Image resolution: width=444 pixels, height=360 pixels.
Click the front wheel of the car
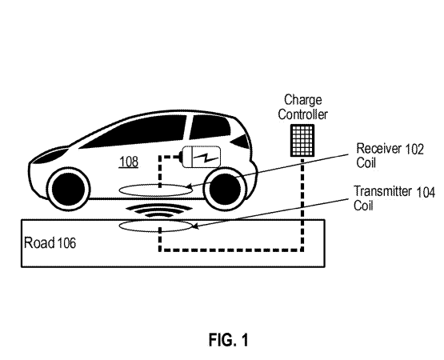(x=68, y=188)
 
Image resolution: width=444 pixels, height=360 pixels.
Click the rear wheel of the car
(x=226, y=188)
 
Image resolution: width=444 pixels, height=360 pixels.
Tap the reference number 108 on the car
(x=129, y=162)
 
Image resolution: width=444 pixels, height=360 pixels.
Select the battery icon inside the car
(x=201, y=157)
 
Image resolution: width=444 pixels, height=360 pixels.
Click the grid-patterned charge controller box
(x=302, y=141)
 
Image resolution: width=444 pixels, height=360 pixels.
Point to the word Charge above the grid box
(x=303, y=100)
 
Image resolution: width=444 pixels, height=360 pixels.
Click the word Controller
(x=302, y=114)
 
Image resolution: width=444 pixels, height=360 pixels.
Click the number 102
(x=414, y=150)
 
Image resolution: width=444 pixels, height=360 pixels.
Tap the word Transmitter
(x=382, y=191)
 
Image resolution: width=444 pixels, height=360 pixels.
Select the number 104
(x=426, y=193)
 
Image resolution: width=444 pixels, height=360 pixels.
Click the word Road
(x=39, y=242)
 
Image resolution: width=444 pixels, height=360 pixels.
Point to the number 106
(x=67, y=243)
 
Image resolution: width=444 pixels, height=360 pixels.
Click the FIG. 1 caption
(x=229, y=340)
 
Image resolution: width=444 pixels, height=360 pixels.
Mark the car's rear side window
(x=210, y=127)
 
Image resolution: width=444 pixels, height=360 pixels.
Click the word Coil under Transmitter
(x=363, y=206)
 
